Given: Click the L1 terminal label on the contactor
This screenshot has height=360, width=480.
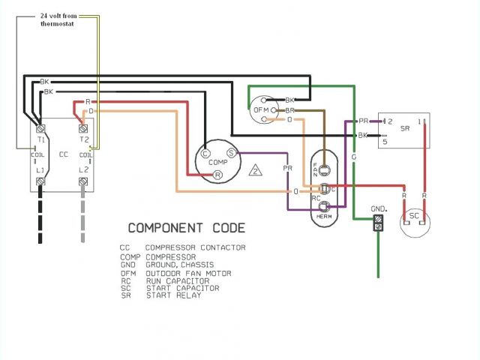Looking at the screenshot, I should pyautogui.click(x=40, y=172).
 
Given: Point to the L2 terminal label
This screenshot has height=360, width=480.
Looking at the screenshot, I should pyautogui.click(x=84, y=172).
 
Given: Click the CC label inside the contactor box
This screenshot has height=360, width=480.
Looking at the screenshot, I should pyautogui.click(x=63, y=154).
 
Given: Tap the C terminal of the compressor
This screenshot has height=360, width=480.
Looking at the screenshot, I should pyautogui.click(x=205, y=153).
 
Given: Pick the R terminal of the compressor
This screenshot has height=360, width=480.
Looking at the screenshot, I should pyautogui.click(x=217, y=175).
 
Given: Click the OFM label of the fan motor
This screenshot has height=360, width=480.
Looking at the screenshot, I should pyautogui.click(x=261, y=110).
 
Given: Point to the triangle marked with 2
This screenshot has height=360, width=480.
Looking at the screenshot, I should pyautogui.click(x=256, y=170).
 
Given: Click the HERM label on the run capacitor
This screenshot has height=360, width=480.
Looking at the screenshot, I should pyautogui.click(x=324, y=217).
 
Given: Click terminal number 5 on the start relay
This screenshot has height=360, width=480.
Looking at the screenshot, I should pyautogui.click(x=385, y=141).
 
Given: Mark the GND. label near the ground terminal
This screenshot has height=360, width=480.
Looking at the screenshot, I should pyautogui.click(x=378, y=208).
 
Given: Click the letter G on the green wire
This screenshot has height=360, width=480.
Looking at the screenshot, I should pyautogui.click(x=352, y=157).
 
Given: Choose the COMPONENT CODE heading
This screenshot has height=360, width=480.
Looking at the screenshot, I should pyautogui.click(x=185, y=227).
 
